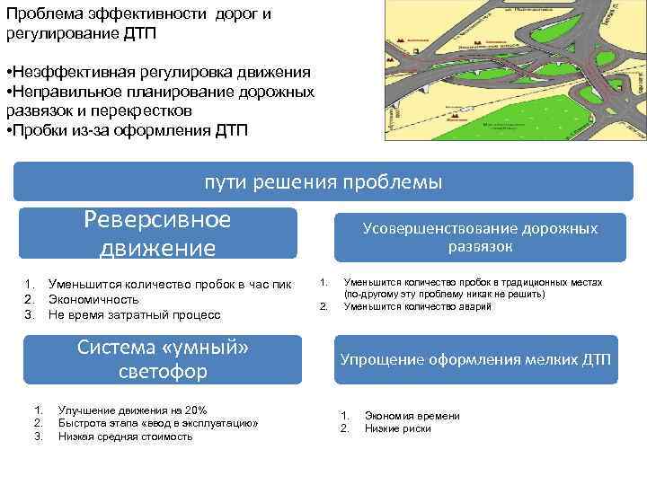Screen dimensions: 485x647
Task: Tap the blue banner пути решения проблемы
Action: (323, 182)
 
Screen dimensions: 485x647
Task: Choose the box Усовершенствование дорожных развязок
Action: (480, 237)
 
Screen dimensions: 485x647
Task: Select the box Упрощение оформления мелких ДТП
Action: (475, 360)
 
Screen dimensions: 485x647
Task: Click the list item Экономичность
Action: (93, 299)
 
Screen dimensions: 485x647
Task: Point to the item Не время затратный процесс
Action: (134, 314)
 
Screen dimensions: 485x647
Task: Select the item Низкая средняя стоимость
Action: (125, 436)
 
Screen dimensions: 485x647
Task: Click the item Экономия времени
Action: (412, 416)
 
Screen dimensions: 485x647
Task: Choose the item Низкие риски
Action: (397, 428)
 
